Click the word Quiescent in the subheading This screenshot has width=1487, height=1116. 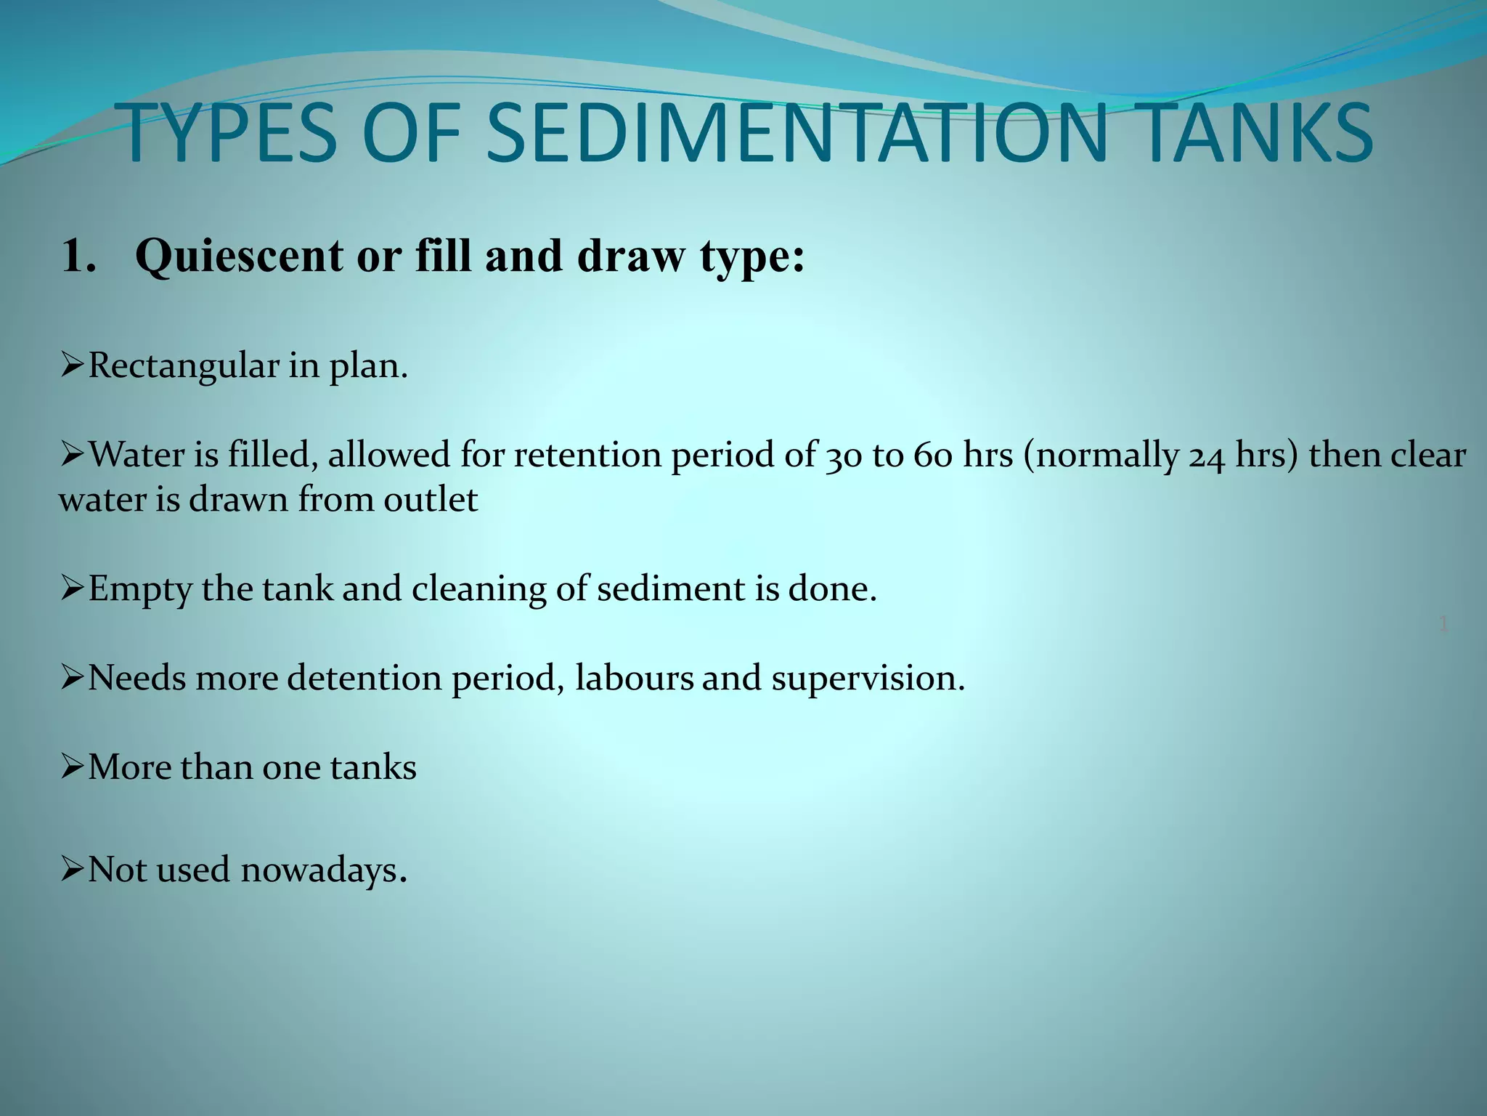pyautogui.click(x=240, y=256)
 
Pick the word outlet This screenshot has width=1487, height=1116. pyautogui.click(x=431, y=500)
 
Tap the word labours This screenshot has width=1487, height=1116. pyautogui.click(x=633, y=678)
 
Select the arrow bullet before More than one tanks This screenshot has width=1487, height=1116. pyautogui.click(x=73, y=767)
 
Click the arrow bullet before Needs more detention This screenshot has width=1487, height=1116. pyautogui.click(x=73, y=678)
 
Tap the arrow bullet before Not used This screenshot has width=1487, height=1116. pyautogui.click(x=73, y=869)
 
